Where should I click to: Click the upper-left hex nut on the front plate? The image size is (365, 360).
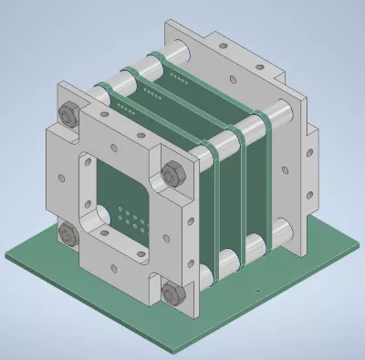[x=68, y=114]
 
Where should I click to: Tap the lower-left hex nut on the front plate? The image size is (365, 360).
[x=68, y=233]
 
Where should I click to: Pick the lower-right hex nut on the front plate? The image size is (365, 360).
[x=171, y=292]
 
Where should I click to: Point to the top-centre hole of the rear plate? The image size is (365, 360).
[x=239, y=46]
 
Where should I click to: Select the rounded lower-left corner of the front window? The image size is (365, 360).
[x=91, y=220]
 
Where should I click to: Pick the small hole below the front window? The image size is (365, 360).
[x=114, y=267]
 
